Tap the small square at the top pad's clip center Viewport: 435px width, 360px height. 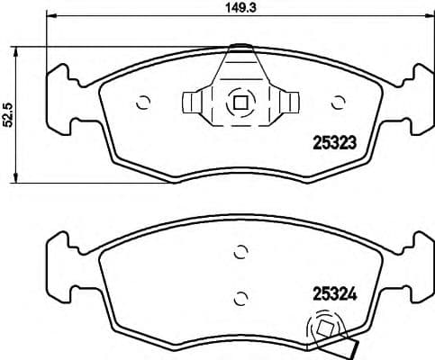point(240,102)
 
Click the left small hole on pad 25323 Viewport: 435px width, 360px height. point(142,102)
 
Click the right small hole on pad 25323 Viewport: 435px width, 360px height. point(339,102)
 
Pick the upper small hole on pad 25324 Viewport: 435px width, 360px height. point(240,253)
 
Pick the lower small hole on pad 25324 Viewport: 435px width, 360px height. point(240,296)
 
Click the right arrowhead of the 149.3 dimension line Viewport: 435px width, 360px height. point(429,18)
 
